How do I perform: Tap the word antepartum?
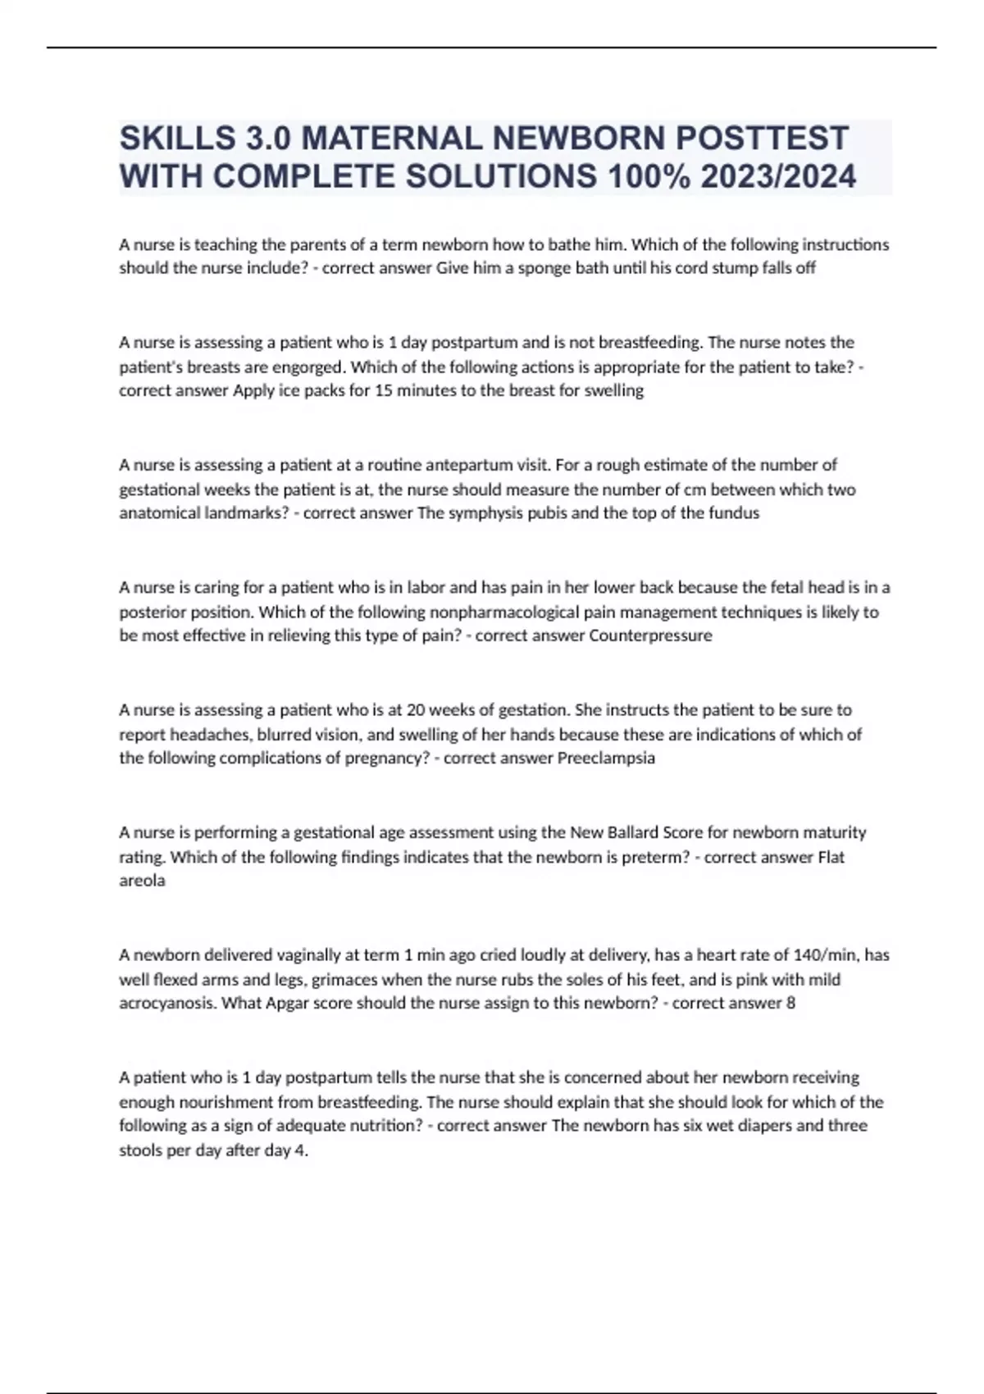tap(472, 465)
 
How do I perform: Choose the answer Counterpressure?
tap(650, 635)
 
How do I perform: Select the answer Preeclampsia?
tap(606, 758)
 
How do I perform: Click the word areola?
tap(142, 881)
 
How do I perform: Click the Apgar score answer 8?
tap(790, 1003)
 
